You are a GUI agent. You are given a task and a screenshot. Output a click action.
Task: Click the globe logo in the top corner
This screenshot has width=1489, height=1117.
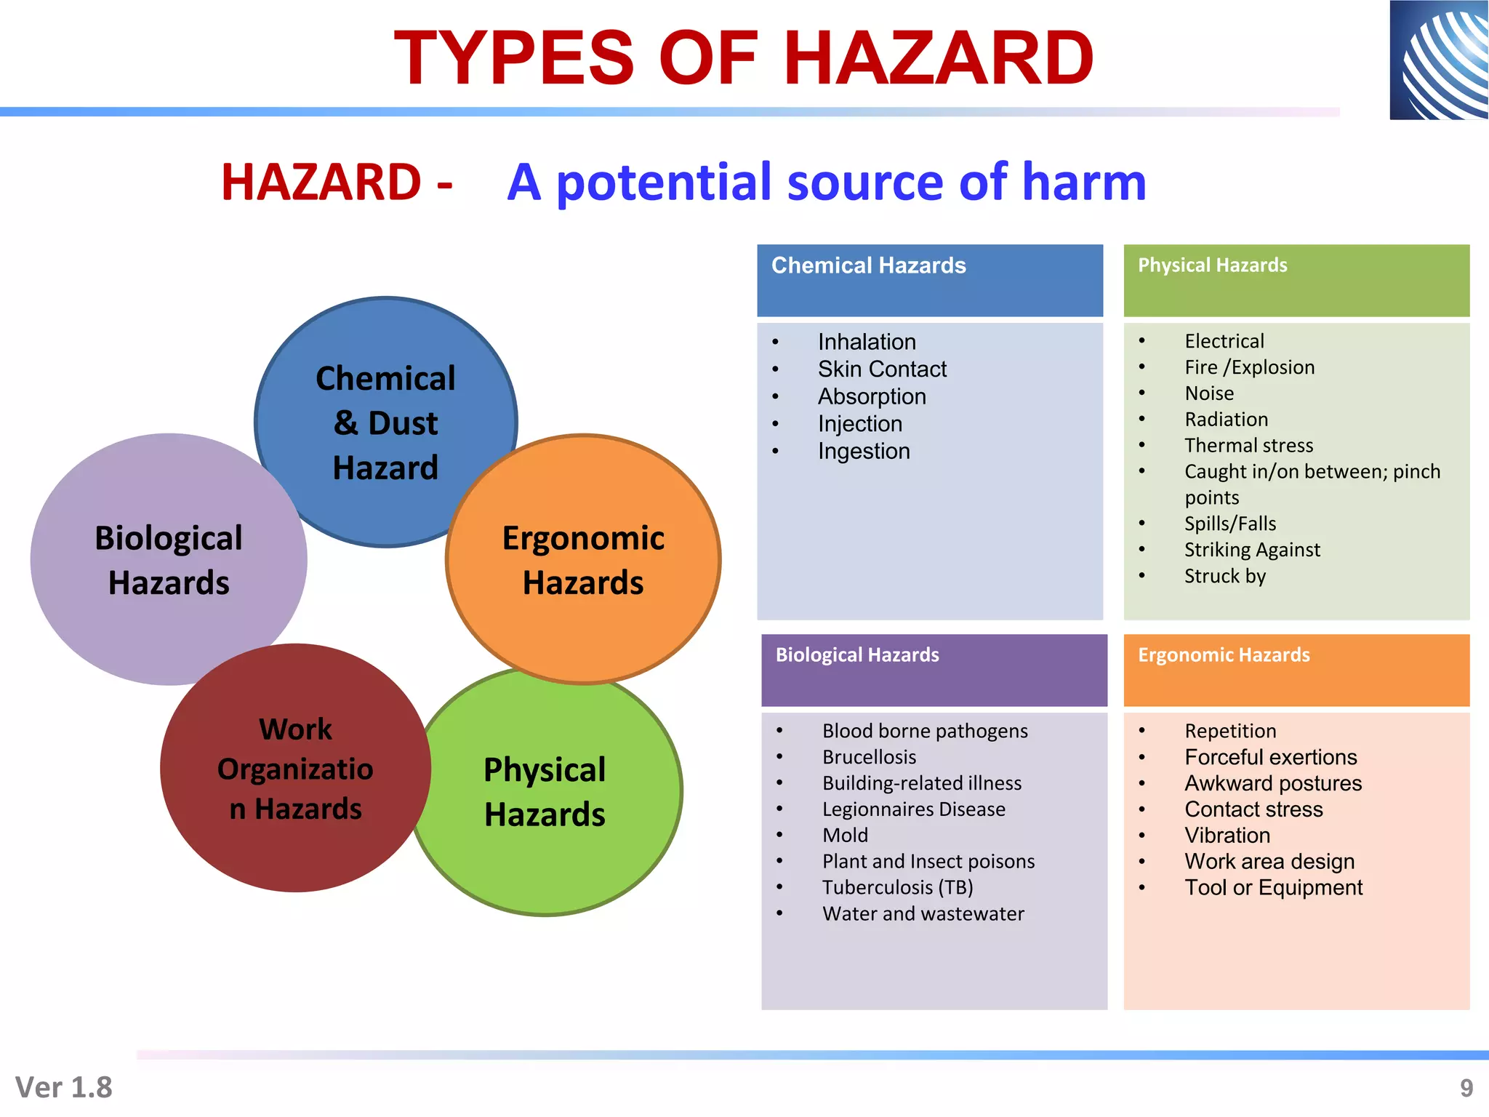(1438, 60)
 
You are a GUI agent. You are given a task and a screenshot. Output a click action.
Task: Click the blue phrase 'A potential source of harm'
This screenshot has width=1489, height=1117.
(826, 182)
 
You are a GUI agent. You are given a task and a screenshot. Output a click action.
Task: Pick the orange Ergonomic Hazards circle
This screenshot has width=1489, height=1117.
(583, 559)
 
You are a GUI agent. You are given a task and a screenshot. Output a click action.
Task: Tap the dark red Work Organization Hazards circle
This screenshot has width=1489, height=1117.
(295, 769)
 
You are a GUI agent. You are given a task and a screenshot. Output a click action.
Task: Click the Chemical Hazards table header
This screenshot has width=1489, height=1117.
(868, 266)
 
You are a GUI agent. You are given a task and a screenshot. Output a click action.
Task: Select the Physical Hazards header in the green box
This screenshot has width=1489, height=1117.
(1212, 265)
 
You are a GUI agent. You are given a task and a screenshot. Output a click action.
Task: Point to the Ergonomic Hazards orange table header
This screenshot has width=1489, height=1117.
(1224, 655)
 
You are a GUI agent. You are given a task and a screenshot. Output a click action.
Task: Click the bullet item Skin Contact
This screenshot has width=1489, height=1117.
(881, 369)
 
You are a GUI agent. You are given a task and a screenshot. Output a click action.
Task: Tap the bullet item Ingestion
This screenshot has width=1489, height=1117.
(863, 452)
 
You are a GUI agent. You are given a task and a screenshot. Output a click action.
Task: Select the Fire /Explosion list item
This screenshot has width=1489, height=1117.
(1248, 367)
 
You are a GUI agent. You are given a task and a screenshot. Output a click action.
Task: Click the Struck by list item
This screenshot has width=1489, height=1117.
(1224, 576)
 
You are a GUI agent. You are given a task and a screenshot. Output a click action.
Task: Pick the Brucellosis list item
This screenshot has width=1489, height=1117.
(869, 757)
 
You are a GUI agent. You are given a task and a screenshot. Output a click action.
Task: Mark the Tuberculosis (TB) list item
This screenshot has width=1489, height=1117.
(897, 888)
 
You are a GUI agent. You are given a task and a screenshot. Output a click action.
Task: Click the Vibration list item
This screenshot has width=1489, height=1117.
(1227, 836)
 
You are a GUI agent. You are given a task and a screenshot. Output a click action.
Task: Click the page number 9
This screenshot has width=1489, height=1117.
(1466, 1088)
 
